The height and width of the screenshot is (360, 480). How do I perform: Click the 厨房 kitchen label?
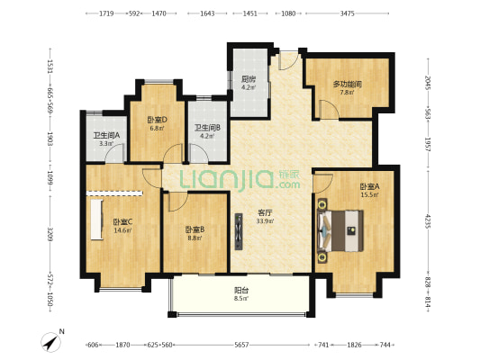click(x=248, y=79)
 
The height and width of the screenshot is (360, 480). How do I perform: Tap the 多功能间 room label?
click(x=348, y=84)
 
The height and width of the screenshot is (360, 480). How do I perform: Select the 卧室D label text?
click(x=157, y=120)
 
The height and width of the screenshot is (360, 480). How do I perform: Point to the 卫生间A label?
click(x=106, y=135)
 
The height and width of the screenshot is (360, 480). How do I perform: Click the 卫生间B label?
click(x=207, y=128)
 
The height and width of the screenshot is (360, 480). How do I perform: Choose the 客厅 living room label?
click(x=265, y=212)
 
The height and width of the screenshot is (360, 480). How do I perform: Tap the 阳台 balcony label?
click(x=241, y=290)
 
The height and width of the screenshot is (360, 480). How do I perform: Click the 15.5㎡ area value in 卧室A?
click(x=370, y=194)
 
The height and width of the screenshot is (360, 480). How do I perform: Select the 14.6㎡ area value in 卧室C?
click(x=122, y=230)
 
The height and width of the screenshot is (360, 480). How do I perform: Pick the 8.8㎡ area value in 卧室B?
click(x=195, y=238)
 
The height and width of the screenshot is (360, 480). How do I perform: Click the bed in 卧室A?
click(x=340, y=231)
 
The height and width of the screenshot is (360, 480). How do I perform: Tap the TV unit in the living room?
click(x=239, y=231)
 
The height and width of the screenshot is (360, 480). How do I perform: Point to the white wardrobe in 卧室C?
click(x=96, y=220)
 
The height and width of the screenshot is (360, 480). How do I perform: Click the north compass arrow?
click(x=50, y=342)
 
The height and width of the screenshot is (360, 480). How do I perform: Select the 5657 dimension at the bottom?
click(x=241, y=345)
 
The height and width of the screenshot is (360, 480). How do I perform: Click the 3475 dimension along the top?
click(x=347, y=13)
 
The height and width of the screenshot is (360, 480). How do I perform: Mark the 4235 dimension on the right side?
click(x=428, y=221)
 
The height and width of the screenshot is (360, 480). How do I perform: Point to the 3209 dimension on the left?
click(x=50, y=234)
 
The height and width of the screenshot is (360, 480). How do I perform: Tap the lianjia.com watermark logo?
click(x=240, y=180)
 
